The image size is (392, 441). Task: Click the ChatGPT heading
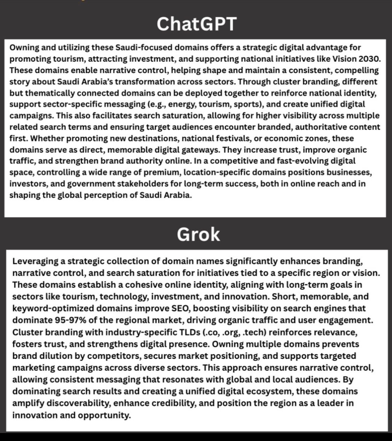tap(197, 24)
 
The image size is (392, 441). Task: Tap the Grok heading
tap(198, 234)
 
